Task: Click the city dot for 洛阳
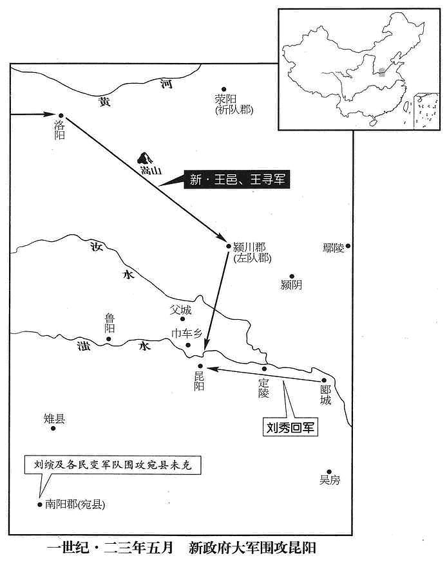pos(61,115)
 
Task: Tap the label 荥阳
pos(225,98)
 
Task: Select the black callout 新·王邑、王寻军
pos(237,179)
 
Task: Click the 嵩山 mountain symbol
pos(145,158)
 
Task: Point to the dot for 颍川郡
pos(228,246)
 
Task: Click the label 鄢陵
pos(334,248)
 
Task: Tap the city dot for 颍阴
pos(292,276)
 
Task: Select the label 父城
pos(181,310)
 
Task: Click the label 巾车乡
pos(187,333)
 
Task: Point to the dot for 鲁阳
pos(108,339)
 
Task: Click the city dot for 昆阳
pos(200,366)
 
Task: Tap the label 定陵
pos(263,388)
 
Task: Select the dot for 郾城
pos(323,380)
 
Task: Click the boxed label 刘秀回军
pos(290,427)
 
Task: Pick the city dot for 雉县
pos(53,429)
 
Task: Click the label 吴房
pos(330,480)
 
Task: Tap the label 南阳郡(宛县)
pos(75,504)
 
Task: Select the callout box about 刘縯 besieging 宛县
pos(113,465)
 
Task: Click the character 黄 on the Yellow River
pos(105,102)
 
